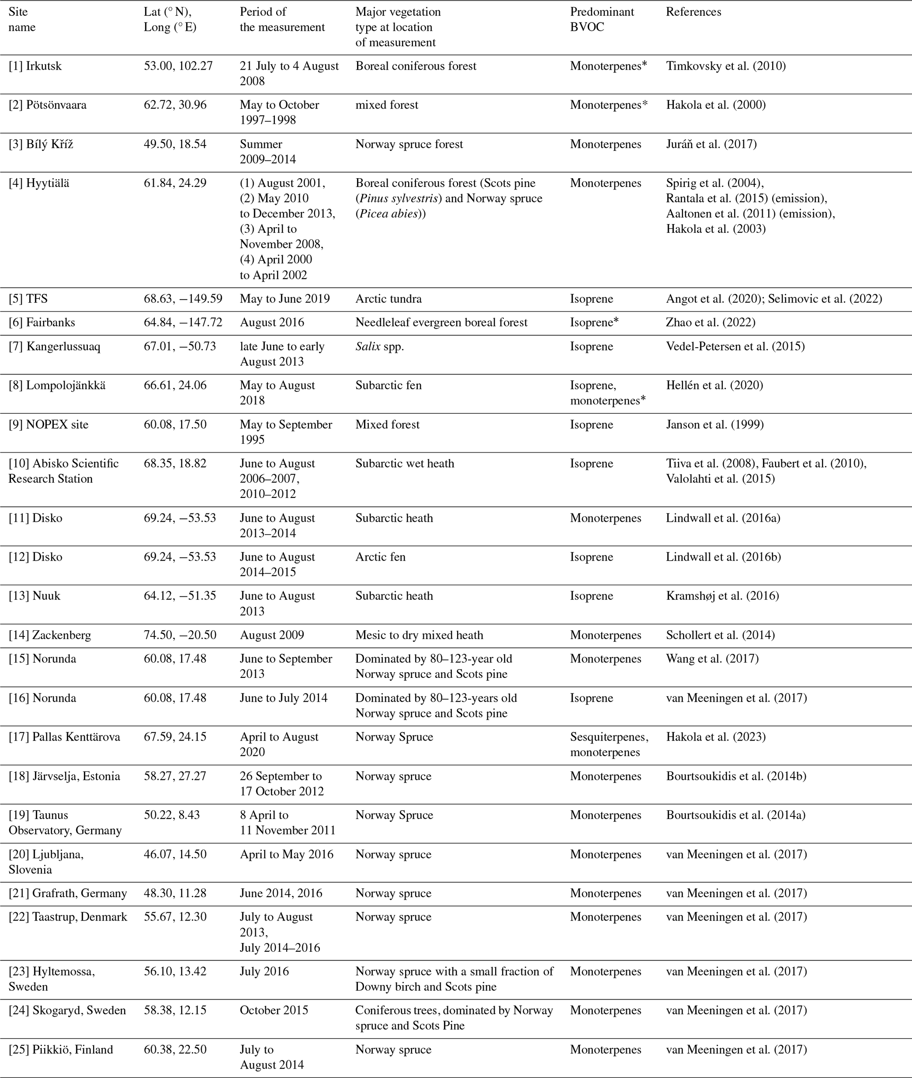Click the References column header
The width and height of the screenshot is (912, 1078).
coord(693,12)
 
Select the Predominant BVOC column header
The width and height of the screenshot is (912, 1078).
coord(602,20)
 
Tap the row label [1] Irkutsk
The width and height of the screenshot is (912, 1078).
coord(35,66)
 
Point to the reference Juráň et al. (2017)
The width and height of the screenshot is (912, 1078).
coord(711,144)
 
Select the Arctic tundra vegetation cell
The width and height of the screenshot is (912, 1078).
coord(388,299)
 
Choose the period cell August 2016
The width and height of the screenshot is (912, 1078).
coord(271,322)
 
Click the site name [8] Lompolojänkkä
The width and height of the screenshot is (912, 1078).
coord(57,386)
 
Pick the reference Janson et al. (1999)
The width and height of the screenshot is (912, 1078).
coord(714,425)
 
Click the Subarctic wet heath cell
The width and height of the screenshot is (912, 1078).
coord(404,464)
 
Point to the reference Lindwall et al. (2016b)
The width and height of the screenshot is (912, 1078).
coord(723,557)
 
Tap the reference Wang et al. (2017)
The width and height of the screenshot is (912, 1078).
coord(712,659)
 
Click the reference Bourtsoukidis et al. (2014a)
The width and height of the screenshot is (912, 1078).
coord(735,815)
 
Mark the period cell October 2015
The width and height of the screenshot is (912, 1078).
coord(274,1011)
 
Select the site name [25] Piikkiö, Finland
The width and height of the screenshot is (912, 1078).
coord(60,1050)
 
